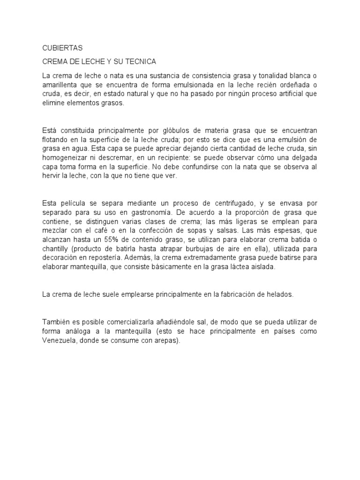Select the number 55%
coord(112,240)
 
